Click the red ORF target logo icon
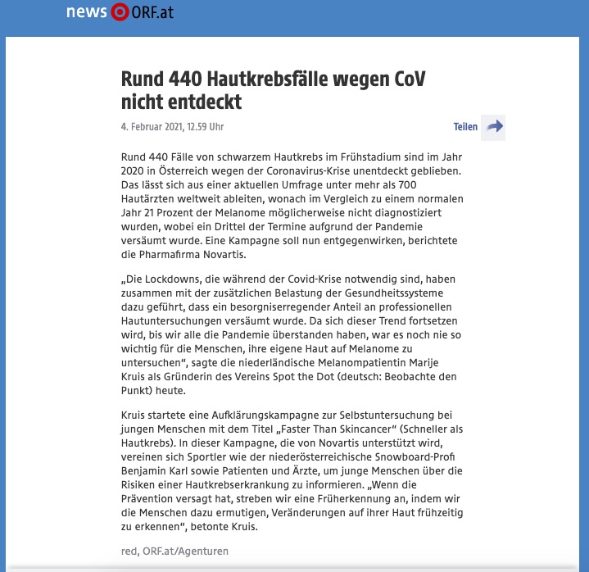coord(120,12)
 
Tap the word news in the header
coord(87,12)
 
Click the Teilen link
coord(465,127)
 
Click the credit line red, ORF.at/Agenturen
coord(174,552)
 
